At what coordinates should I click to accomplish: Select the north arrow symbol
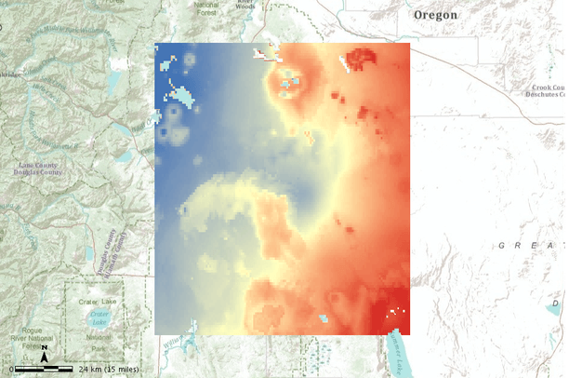46,353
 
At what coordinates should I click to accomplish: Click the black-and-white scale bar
46,370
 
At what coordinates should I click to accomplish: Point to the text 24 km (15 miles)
109,370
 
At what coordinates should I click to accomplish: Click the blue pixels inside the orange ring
290,81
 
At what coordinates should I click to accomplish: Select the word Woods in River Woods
245,8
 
